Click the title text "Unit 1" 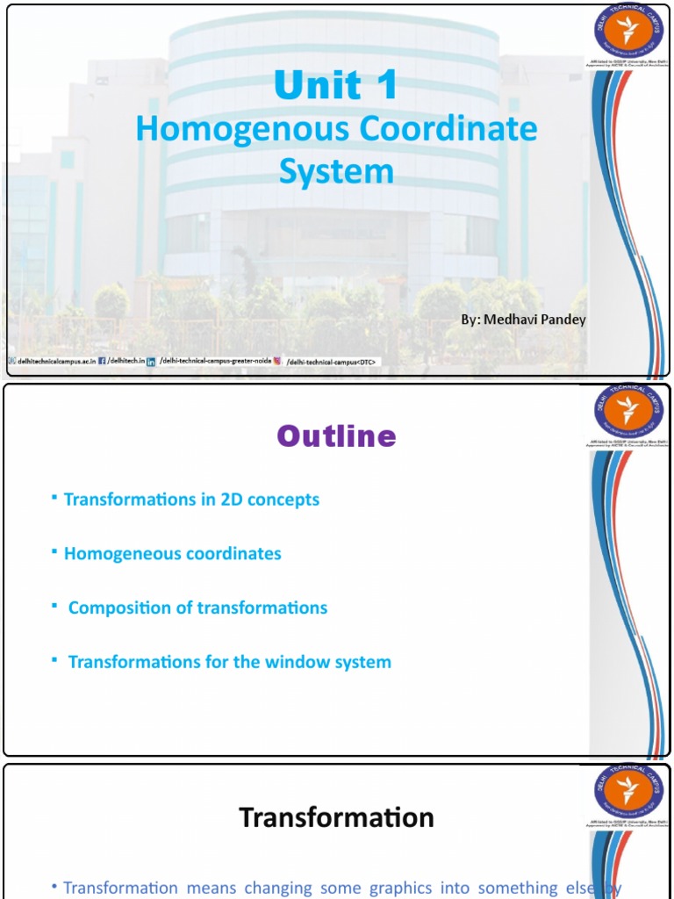pos(336,86)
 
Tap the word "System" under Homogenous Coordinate pos(336,171)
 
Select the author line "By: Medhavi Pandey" pos(523,320)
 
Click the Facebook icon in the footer pos(102,361)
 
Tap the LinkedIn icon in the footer pos(151,361)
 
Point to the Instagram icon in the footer pos(277,361)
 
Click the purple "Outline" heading pos(337,436)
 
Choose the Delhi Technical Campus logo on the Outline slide pos(627,411)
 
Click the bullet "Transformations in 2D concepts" pos(191,500)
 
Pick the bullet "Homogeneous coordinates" pos(172,554)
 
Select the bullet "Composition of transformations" pos(197,608)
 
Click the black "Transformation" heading pos(337,817)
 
